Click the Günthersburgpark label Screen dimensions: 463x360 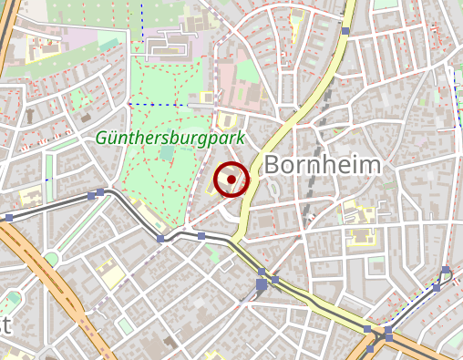(x=170, y=139)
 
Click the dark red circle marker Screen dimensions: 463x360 (x=231, y=179)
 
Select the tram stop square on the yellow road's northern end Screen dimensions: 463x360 (x=345, y=31)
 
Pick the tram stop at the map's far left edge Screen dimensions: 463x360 (x=8, y=217)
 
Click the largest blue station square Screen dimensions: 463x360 (x=262, y=284)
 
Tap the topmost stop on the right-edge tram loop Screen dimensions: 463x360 (x=445, y=270)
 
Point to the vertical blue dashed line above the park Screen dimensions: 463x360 (x=143, y=23)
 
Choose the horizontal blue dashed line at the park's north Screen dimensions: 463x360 (x=141, y=104)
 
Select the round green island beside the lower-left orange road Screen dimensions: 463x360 (x=51, y=260)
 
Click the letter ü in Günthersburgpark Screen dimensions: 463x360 (x=109, y=139)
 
